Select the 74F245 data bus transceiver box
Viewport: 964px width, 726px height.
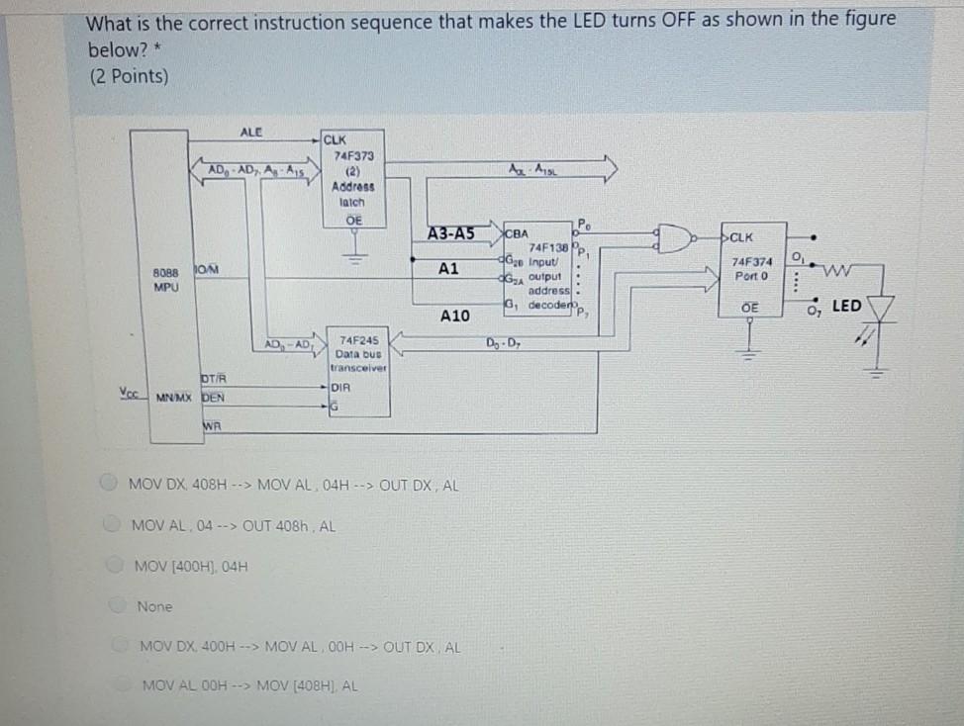[x=357, y=373]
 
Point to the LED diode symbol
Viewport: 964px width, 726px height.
[x=880, y=310]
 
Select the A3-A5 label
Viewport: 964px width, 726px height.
[x=450, y=233]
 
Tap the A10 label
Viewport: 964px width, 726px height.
[x=454, y=316]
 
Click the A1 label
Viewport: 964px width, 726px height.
[x=448, y=268]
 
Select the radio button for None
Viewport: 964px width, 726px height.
[x=118, y=605]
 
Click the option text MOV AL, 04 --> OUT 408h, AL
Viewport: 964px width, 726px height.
[x=234, y=525]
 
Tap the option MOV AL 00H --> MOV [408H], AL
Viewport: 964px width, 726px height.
[x=251, y=684]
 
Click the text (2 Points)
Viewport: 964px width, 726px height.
[x=128, y=76]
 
